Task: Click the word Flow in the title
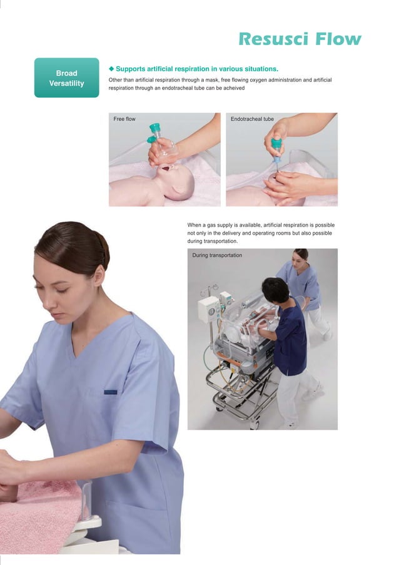click(x=338, y=39)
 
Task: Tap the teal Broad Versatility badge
click(x=66, y=78)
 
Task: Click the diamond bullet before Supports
click(x=112, y=68)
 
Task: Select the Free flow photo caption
click(x=124, y=119)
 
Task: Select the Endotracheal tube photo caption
click(x=252, y=119)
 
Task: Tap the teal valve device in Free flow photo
click(x=154, y=133)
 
